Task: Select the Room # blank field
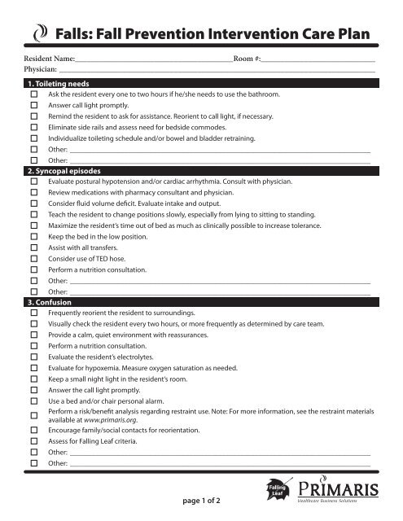[318, 62]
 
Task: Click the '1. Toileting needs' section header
[59, 85]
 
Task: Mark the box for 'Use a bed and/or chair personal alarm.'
[34, 401]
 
